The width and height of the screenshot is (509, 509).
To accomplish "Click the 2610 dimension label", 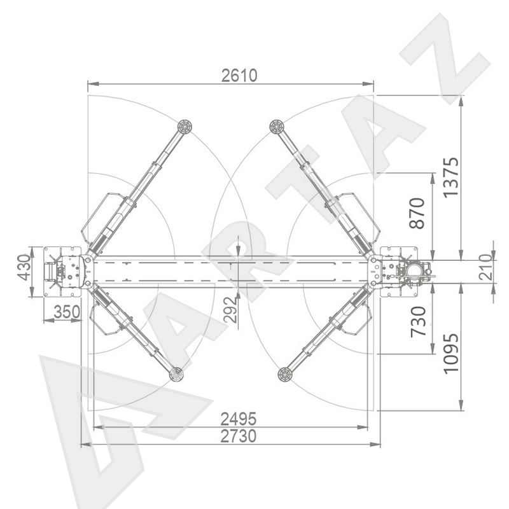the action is pos(239,75).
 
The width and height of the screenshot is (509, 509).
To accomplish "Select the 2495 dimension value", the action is pos(239,419).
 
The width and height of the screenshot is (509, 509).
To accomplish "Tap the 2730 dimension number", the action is pos(239,436).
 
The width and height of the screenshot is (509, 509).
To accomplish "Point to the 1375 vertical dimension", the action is pos(451,178).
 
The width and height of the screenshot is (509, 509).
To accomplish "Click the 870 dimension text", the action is pos(417,213).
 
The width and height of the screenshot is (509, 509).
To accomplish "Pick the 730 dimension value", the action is pos(418,322).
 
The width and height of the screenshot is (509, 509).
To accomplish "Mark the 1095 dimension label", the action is pos(451,353).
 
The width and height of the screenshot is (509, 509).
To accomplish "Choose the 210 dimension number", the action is pos(485,267).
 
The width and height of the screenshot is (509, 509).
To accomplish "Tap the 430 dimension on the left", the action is pos(24,267).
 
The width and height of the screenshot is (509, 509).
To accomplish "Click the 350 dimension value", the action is pos(67,312).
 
